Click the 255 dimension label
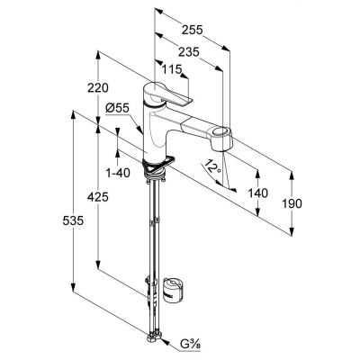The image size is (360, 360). coord(193,30)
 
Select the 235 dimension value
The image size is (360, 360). coord(189,52)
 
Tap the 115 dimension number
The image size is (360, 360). coord(172,69)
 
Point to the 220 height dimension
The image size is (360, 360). coord(98,88)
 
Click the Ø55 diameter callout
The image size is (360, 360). coord(117,108)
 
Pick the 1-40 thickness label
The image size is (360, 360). coord(118,173)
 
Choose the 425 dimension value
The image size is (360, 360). coord(98,197)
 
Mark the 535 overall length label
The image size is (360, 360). coord(73,221)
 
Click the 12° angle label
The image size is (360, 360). coord(213,166)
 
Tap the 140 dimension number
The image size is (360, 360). coord(257,193)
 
